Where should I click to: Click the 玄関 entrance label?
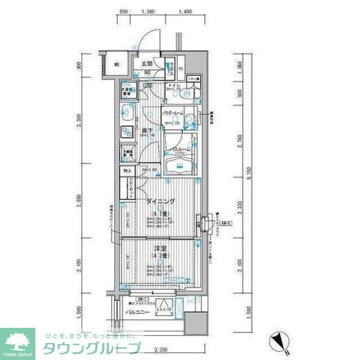pos(147,64)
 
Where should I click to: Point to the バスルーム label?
pos(177,149)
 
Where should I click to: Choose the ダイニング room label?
pos(161,201)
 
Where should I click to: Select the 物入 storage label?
pos(127,171)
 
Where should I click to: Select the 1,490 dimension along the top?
pos(184,12)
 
